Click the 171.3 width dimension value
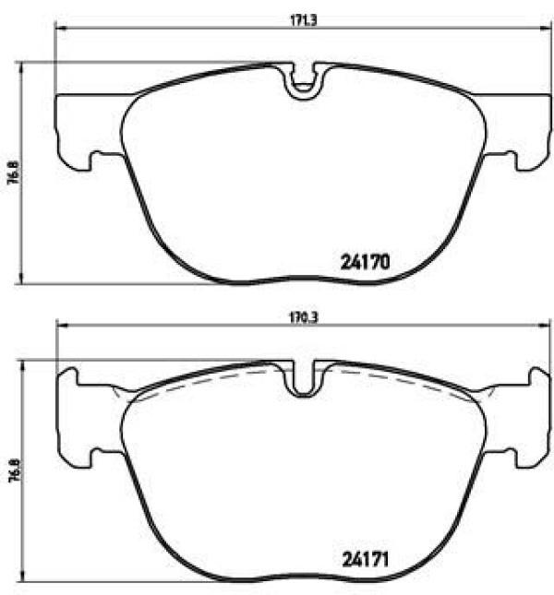pos(304,20)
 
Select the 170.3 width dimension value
pos(304,317)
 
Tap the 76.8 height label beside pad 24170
pos(13,173)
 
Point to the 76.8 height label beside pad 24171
pos(13,470)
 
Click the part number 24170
pos(365,262)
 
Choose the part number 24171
pos(366,560)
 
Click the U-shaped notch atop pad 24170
pos(303,82)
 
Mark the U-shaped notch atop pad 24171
pos(303,379)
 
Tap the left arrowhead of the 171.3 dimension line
pos(61,28)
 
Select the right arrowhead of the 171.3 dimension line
pos(546,28)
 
